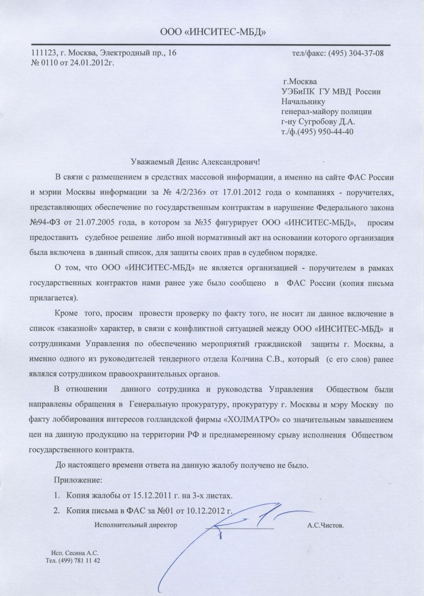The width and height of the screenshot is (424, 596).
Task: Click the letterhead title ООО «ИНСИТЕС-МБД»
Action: tap(212, 31)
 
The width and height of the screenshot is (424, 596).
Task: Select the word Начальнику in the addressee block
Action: tap(303, 101)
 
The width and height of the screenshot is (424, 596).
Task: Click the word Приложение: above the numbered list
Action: tap(78, 480)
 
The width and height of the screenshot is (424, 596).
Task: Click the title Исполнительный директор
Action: tap(135, 525)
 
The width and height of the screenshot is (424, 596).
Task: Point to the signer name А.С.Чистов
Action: tap(325, 526)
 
